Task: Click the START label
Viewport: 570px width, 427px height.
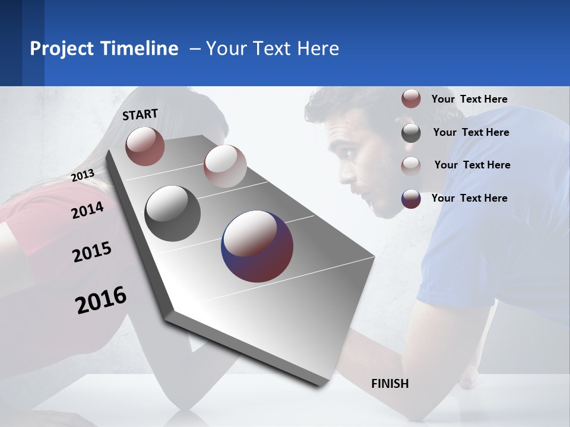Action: coord(140,114)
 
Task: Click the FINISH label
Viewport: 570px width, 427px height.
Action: coord(390,384)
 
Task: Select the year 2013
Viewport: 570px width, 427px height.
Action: coord(83,176)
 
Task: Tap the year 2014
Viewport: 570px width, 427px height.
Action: coord(87,210)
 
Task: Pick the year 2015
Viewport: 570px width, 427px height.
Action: coord(92,252)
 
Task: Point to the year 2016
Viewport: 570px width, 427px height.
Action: coord(101,300)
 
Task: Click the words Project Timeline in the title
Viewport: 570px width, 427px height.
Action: coord(104,49)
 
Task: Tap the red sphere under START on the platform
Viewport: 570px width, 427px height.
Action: coord(145,146)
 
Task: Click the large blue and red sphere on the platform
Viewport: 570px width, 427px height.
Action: coord(257,246)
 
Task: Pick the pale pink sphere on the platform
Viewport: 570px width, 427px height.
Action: coord(225,166)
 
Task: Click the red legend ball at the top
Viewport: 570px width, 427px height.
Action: coord(411,99)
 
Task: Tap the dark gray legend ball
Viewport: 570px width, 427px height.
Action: coord(411,133)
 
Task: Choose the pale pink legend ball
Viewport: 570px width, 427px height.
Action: coord(411,165)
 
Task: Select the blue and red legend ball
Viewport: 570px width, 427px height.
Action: coord(411,199)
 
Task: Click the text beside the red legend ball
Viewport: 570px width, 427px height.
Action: coord(470,99)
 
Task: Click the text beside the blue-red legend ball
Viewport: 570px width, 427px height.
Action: coord(470,198)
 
